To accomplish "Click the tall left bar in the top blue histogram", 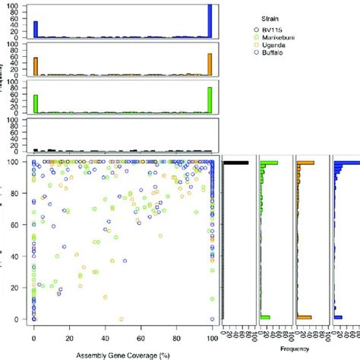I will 36,29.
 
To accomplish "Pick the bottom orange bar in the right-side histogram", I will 304,317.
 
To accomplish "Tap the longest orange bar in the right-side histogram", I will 306,163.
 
